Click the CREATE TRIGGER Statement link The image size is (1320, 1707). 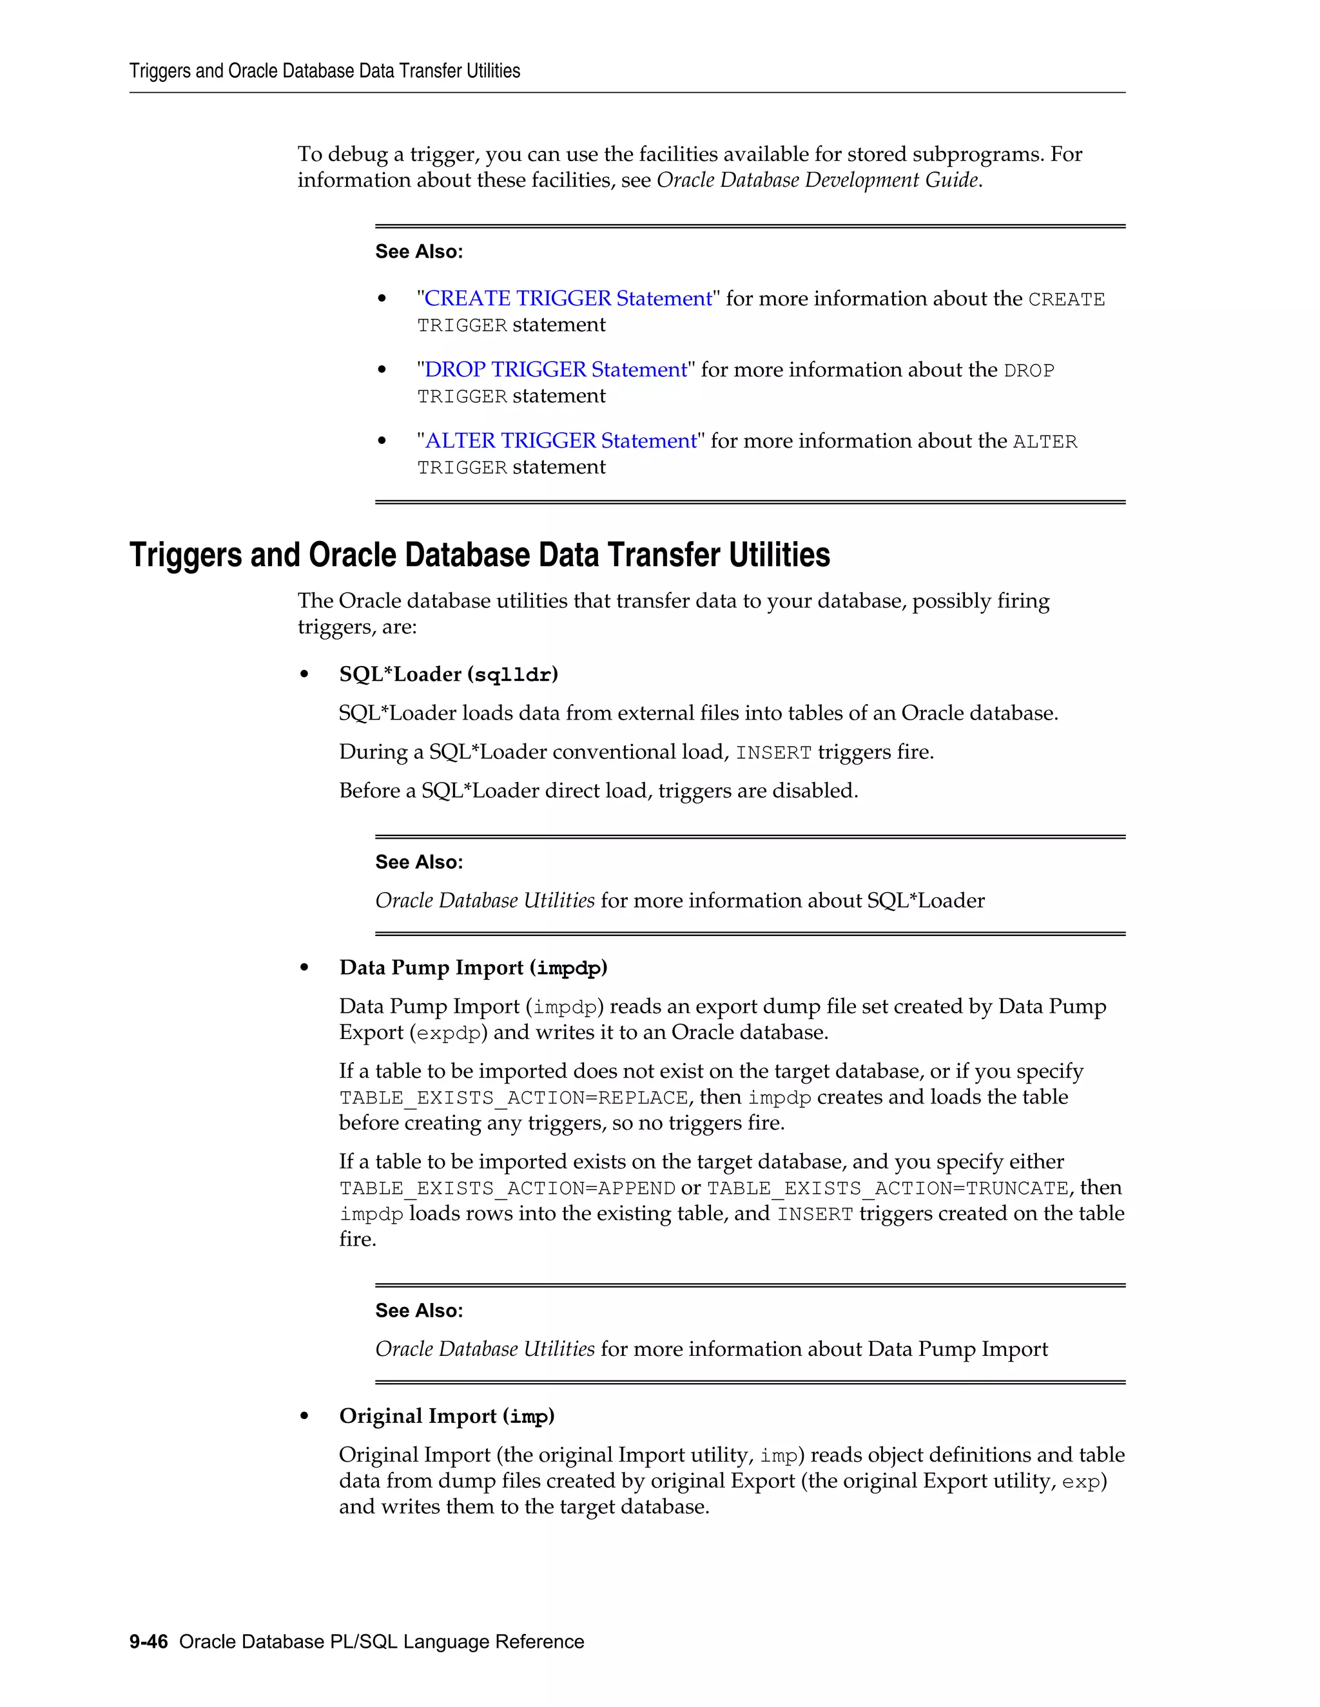click(568, 299)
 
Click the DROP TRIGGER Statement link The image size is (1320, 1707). click(555, 370)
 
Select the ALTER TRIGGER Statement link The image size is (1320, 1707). click(560, 441)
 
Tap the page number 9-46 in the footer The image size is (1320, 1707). click(149, 1641)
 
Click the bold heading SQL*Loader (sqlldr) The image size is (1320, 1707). click(448, 674)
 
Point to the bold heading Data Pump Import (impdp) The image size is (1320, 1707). click(473, 968)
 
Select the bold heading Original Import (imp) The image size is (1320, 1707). click(447, 1416)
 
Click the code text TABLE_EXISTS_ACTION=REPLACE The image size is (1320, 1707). click(514, 1098)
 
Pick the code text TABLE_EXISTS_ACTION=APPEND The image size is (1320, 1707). click(507, 1189)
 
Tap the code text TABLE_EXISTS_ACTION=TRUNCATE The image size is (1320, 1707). click(888, 1189)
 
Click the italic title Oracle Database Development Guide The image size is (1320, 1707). click(817, 180)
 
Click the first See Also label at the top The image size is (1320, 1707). click(419, 252)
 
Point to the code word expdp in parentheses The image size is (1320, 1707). click(448, 1033)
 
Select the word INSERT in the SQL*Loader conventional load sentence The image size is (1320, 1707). click(773, 752)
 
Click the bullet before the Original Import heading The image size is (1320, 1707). click(304, 1417)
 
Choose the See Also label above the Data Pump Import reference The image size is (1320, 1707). click(419, 1311)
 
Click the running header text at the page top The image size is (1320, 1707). click(325, 71)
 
